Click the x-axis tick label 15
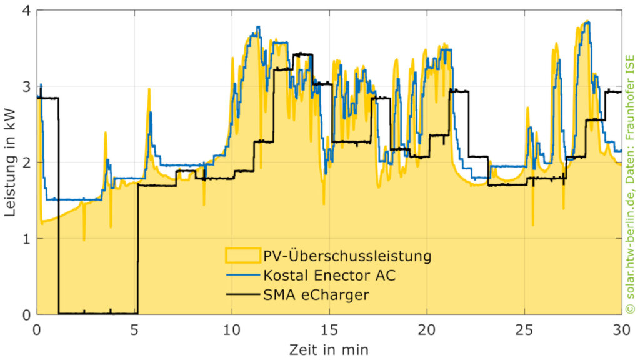(x=329, y=328)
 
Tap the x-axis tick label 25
(x=524, y=328)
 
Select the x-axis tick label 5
(x=135, y=328)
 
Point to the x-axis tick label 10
(x=232, y=328)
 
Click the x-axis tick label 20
(x=426, y=328)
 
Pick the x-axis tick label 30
(x=620, y=328)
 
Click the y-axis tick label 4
(x=28, y=11)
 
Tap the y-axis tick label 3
(x=28, y=86)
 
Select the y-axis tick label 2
(x=28, y=162)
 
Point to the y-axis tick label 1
(x=28, y=239)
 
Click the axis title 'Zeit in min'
(x=329, y=347)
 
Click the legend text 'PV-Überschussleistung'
(x=347, y=256)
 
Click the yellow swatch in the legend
(x=241, y=256)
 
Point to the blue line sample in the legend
(x=241, y=275)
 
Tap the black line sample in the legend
(x=241, y=294)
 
